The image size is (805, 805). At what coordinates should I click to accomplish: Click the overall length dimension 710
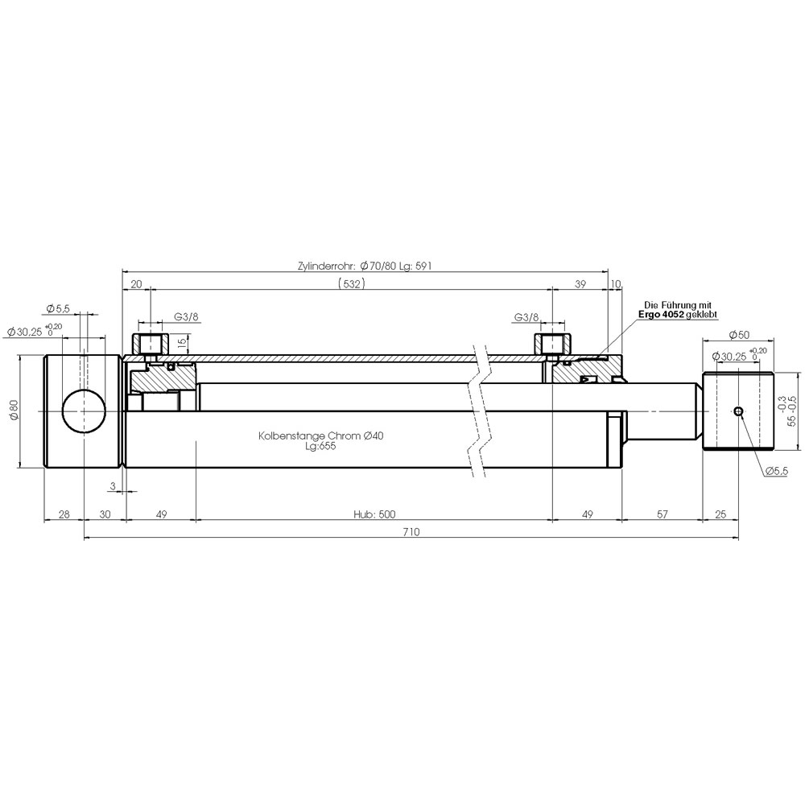(x=411, y=532)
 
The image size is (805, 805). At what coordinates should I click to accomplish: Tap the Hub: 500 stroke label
(x=374, y=514)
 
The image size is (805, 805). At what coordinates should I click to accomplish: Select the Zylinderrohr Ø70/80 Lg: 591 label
(x=365, y=266)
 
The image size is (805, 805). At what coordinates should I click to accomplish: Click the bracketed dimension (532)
(x=352, y=283)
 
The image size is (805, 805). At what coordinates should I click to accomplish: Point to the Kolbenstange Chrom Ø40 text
(x=321, y=436)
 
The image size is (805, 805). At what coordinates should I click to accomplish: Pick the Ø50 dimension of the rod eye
(x=739, y=335)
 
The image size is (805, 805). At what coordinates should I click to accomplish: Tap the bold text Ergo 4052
(x=661, y=314)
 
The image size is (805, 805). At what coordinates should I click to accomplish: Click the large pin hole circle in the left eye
(x=84, y=411)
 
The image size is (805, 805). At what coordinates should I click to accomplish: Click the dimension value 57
(x=663, y=514)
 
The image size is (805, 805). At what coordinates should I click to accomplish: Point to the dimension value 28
(x=64, y=514)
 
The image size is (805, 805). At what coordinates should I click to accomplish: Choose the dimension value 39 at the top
(x=580, y=284)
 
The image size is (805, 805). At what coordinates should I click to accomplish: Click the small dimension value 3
(x=114, y=485)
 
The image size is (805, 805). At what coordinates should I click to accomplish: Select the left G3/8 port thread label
(x=186, y=316)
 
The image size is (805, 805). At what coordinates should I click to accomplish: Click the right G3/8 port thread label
(x=526, y=317)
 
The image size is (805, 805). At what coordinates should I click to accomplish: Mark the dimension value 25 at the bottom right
(x=720, y=514)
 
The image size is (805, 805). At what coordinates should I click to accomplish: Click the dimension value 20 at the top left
(x=136, y=284)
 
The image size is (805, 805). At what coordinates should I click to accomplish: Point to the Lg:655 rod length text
(x=320, y=446)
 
